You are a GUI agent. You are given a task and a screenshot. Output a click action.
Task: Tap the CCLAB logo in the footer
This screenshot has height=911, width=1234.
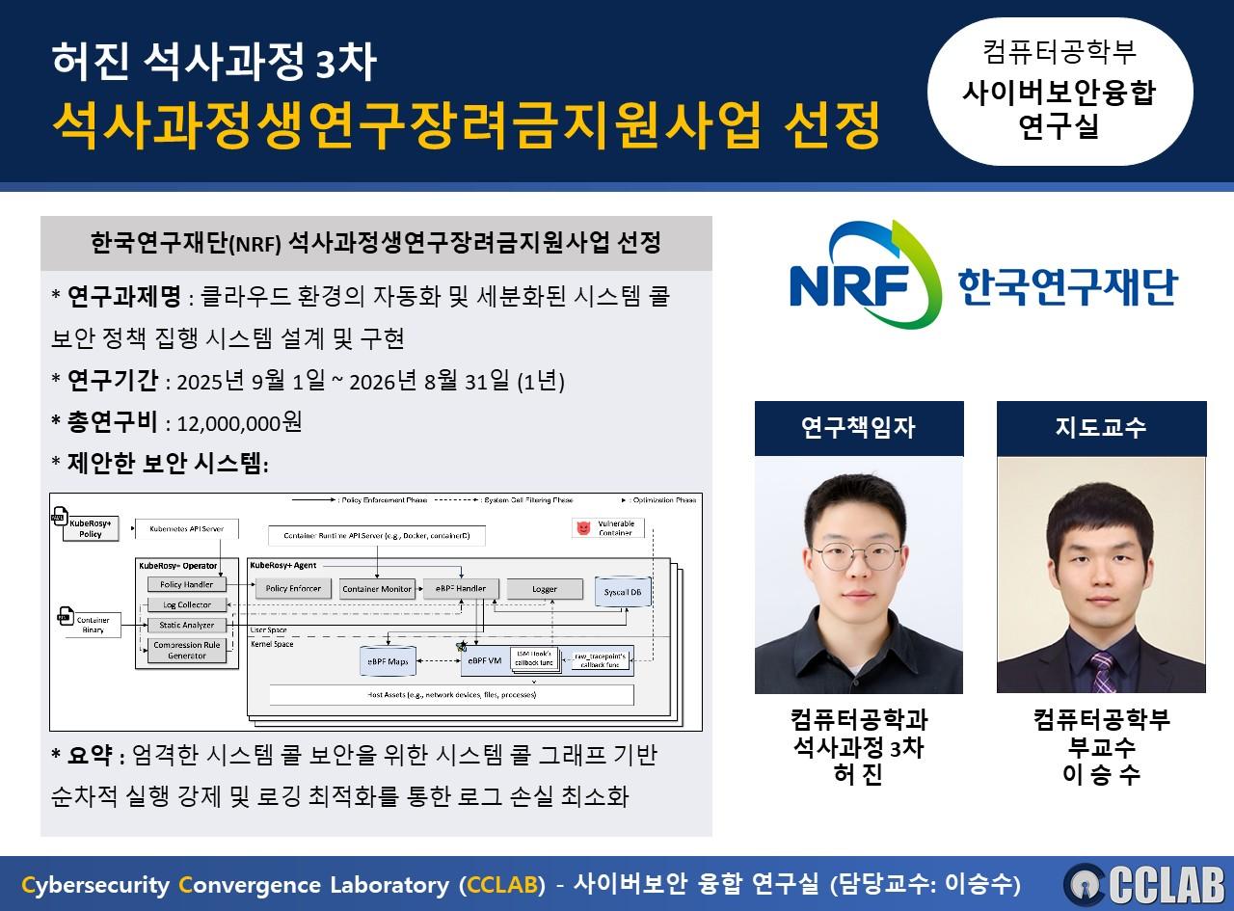(1143, 884)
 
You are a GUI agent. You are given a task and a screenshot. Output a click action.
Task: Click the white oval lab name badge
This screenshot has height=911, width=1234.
(1059, 93)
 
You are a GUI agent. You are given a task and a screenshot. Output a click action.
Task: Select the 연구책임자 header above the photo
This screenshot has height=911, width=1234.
(858, 427)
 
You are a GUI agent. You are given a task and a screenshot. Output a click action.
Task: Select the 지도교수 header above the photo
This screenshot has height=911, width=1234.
(1101, 427)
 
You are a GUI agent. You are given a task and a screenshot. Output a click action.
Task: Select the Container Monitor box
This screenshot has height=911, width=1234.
(377, 588)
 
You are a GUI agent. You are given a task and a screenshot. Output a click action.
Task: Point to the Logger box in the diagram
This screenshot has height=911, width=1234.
(544, 588)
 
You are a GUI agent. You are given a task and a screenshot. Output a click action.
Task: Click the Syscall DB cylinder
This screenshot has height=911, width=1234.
(622, 591)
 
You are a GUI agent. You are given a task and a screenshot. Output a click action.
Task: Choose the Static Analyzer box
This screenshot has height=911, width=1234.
(187, 626)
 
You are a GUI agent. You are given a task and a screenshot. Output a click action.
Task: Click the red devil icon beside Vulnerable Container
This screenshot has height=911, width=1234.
(581, 528)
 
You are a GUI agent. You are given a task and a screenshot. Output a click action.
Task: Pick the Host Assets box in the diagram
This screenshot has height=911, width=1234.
(451, 694)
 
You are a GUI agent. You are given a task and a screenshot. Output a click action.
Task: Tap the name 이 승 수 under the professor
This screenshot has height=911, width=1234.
(1101, 773)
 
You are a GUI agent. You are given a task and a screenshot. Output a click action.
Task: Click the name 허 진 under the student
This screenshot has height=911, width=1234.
(858, 773)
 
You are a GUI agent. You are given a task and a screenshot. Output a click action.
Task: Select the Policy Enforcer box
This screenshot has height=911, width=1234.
(292, 588)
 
